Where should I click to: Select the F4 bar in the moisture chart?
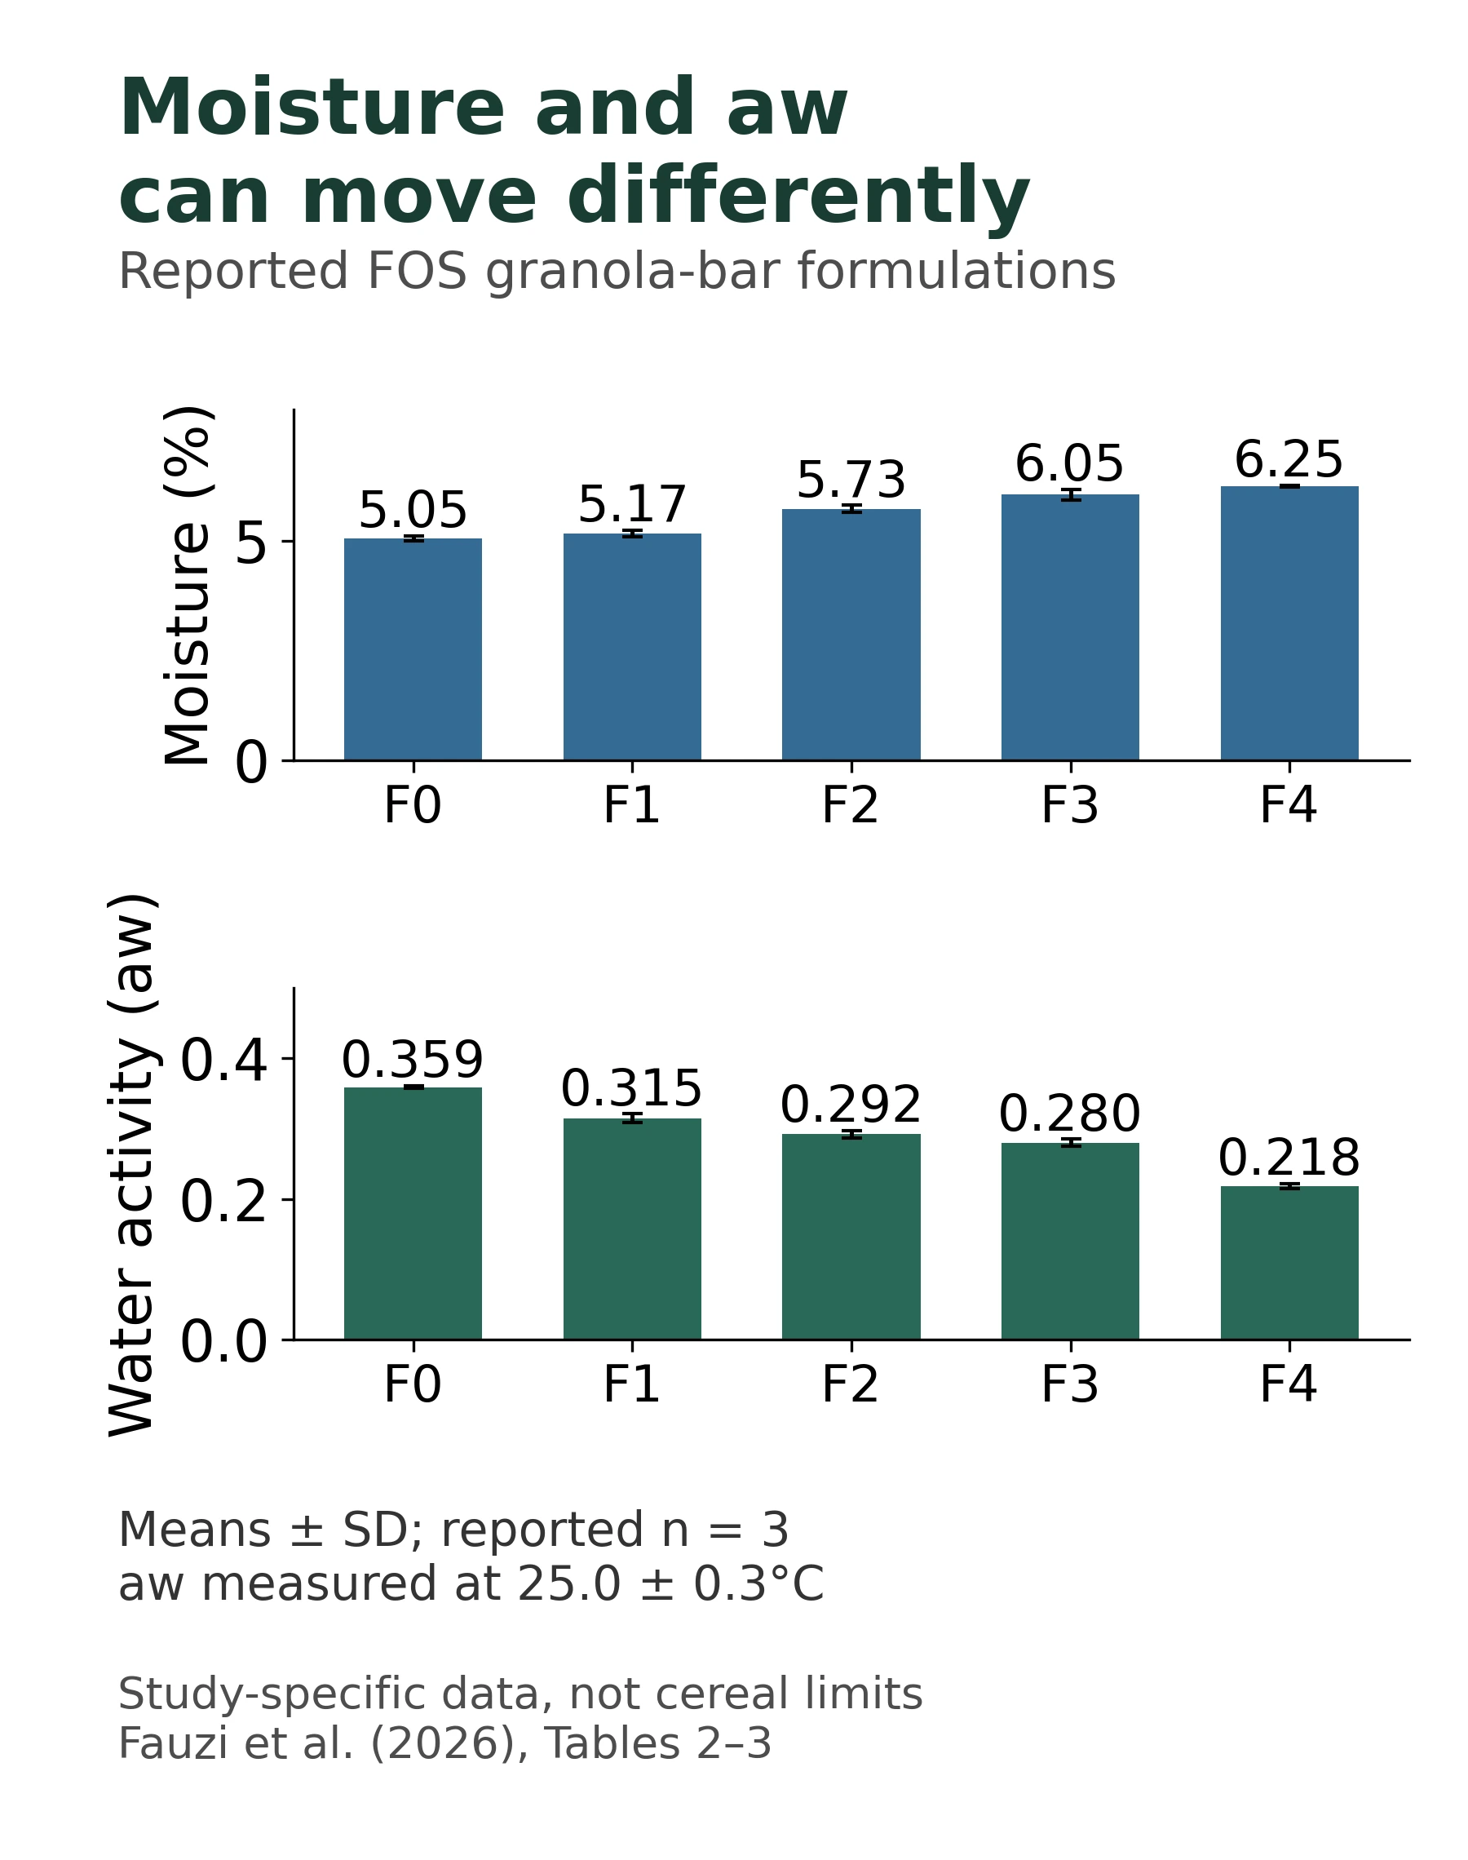click(x=1289, y=623)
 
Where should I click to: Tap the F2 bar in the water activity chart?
click(x=851, y=1237)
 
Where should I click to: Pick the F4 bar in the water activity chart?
click(x=1289, y=1263)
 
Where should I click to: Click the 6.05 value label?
click(x=1069, y=464)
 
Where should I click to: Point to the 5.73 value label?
click(x=851, y=480)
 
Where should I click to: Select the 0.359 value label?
click(x=413, y=1060)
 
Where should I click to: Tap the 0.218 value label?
click(x=1289, y=1158)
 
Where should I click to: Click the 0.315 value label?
click(x=632, y=1089)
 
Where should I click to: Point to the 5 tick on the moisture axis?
click(x=252, y=543)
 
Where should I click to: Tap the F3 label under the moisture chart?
click(x=1069, y=806)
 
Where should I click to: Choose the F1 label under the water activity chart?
click(x=632, y=1384)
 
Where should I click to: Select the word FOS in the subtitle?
click(x=417, y=272)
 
